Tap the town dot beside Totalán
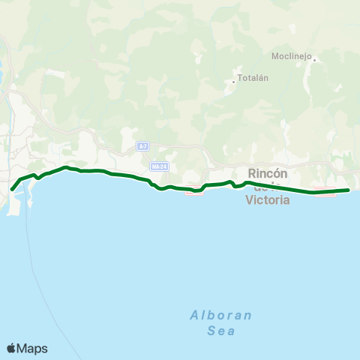pos(234,80)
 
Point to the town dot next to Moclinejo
pos(315,59)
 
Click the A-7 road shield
pos(142,145)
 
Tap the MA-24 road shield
pos(157,166)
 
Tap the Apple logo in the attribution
pos(12,348)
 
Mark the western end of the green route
pos(12,188)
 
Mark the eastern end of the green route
pos(349,190)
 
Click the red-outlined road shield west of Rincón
pos(193,193)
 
